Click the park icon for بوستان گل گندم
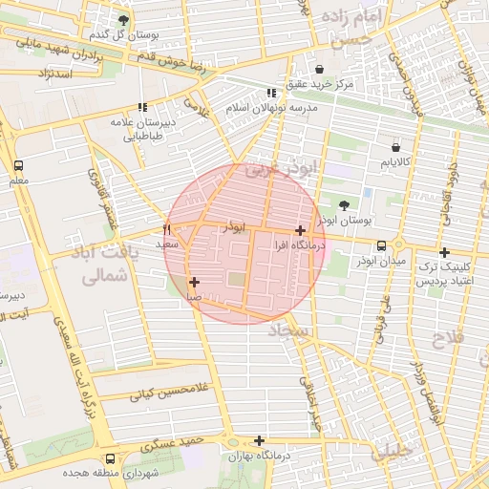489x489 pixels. [123, 20]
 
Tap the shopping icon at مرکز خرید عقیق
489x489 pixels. [318, 69]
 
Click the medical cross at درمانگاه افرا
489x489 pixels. [301, 230]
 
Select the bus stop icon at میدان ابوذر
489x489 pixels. [382, 245]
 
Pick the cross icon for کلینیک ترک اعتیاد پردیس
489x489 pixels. [444, 252]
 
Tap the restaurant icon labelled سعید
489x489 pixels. [167, 229]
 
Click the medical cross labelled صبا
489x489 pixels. [194, 282]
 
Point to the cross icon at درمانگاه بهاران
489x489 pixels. [259, 440]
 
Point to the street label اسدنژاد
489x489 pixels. [54, 73]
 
